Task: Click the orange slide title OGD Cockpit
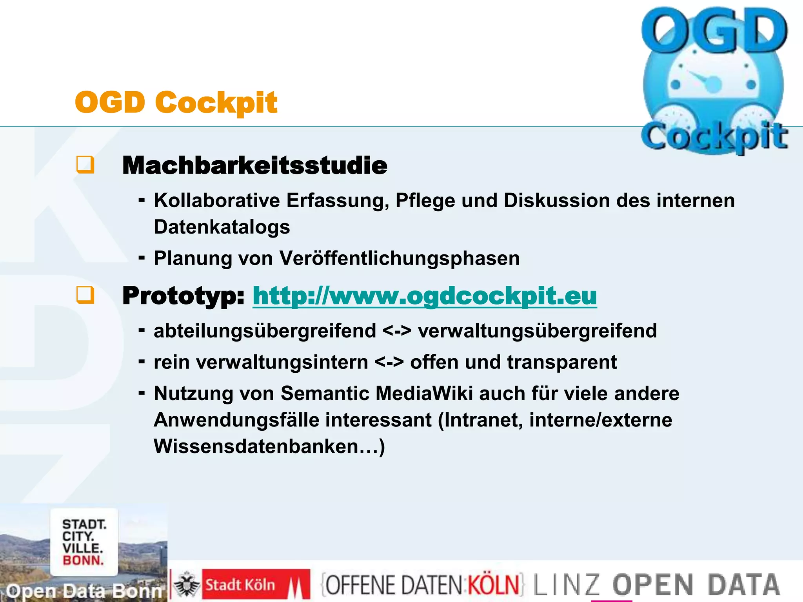[176, 102]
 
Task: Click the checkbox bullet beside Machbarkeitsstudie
[85, 165]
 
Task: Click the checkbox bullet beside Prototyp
[85, 295]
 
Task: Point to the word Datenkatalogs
[222, 227]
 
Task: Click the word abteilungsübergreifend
[265, 330]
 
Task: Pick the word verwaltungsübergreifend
[537, 330]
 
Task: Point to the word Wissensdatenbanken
[256, 446]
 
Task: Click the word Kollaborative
[217, 200]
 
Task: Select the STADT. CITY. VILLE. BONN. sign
[84, 542]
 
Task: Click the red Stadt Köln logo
[256, 585]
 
